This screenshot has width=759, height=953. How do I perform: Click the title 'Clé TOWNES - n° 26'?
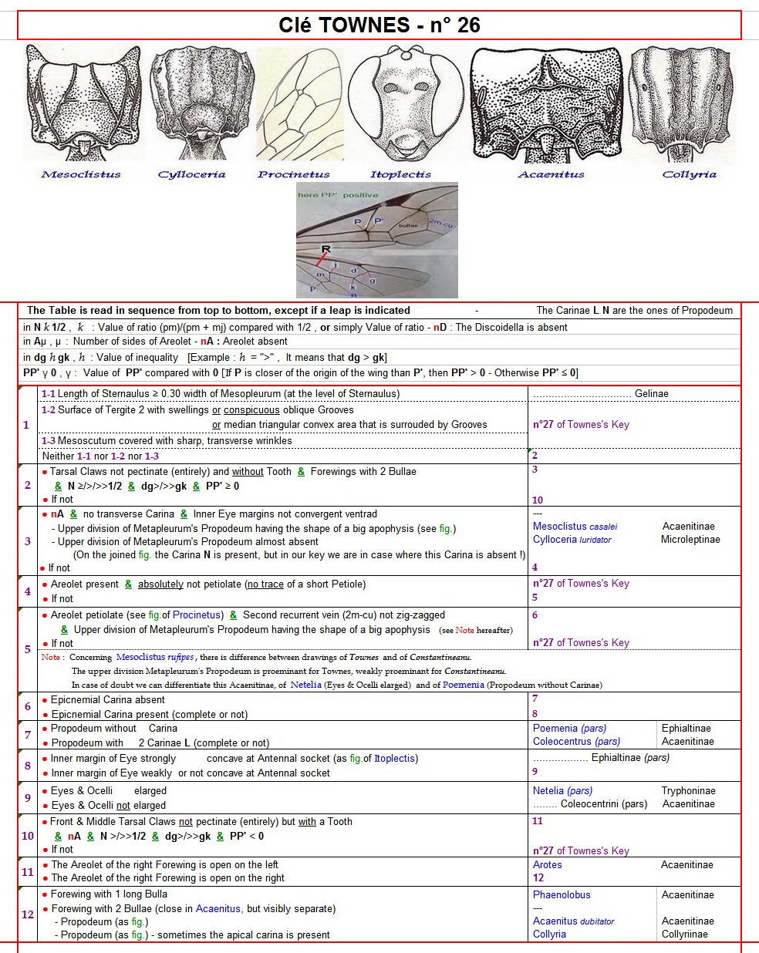pos(379,25)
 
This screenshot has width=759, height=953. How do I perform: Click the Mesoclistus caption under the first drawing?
pos(81,174)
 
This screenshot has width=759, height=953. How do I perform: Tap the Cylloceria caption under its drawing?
pos(191,174)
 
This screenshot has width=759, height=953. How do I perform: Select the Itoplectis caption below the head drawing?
pos(400,174)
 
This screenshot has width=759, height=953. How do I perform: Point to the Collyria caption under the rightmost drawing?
pos(689,174)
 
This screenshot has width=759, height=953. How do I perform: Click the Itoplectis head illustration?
pos(400,106)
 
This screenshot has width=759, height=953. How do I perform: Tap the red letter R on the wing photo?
pos(326,250)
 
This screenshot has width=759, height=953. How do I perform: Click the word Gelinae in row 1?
pos(651,394)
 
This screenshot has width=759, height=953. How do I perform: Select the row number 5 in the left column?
pos(27,649)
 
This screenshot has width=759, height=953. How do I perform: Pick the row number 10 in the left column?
pos(27,836)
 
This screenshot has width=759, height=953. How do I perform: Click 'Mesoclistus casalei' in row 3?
pos(575,527)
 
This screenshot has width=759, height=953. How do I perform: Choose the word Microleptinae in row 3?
pos(690,540)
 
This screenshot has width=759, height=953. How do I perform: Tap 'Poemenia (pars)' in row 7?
pos(569,728)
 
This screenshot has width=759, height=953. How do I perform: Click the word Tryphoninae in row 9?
pos(688,791)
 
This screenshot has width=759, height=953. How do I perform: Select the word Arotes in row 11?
pos(547,865)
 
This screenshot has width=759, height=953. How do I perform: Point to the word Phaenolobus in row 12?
pos(562,895)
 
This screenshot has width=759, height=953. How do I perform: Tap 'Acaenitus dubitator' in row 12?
pos(573,921)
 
